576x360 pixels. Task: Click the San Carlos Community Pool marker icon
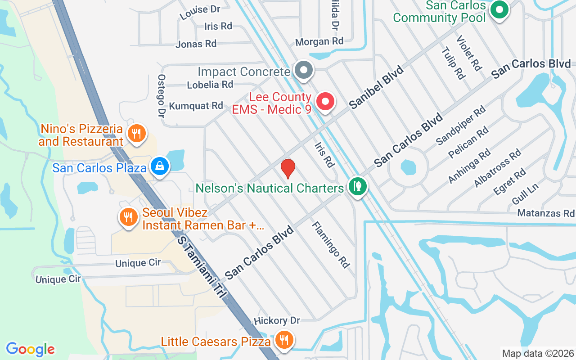click(x=499, y=9)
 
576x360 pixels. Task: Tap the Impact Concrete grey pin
click(x=304, y=70)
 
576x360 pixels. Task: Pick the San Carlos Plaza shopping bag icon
click(x=160, y=166)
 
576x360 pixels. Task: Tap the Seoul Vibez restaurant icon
click(x=129, y=217)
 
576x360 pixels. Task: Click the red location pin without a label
click(x=288, y=169)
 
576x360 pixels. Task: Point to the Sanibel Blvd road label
click(x=376, y=87)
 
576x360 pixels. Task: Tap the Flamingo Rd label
click(x=331, y=245)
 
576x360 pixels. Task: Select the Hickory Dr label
click(x=277, y=321)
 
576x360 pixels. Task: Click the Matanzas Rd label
click(x=546, y=213)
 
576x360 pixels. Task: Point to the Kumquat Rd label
click(x=196, y=106)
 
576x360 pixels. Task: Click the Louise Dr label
click(x=194, y=12)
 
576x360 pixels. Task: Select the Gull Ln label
click(x=525, y=193)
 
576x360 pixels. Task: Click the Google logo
click(x=30, y=349)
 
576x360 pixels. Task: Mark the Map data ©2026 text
click(x=538, y=353)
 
